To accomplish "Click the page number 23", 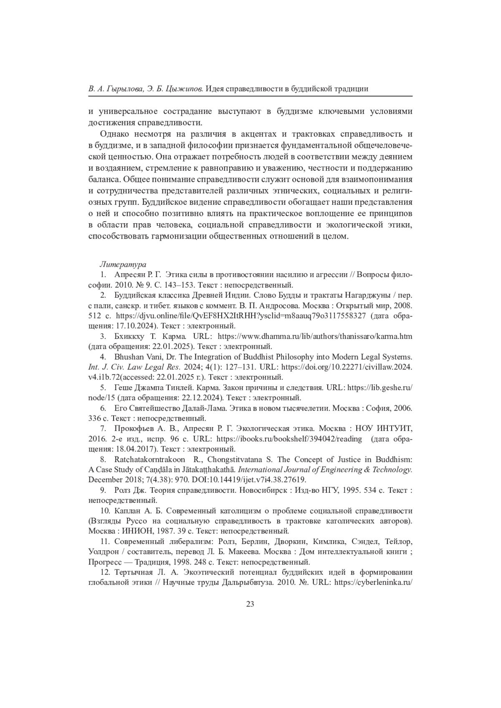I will pos(250,604).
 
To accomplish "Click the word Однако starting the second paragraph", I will pos(115,134).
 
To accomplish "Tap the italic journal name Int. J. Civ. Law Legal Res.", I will pos(134,367).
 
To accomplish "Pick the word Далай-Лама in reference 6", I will pos(202,408).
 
